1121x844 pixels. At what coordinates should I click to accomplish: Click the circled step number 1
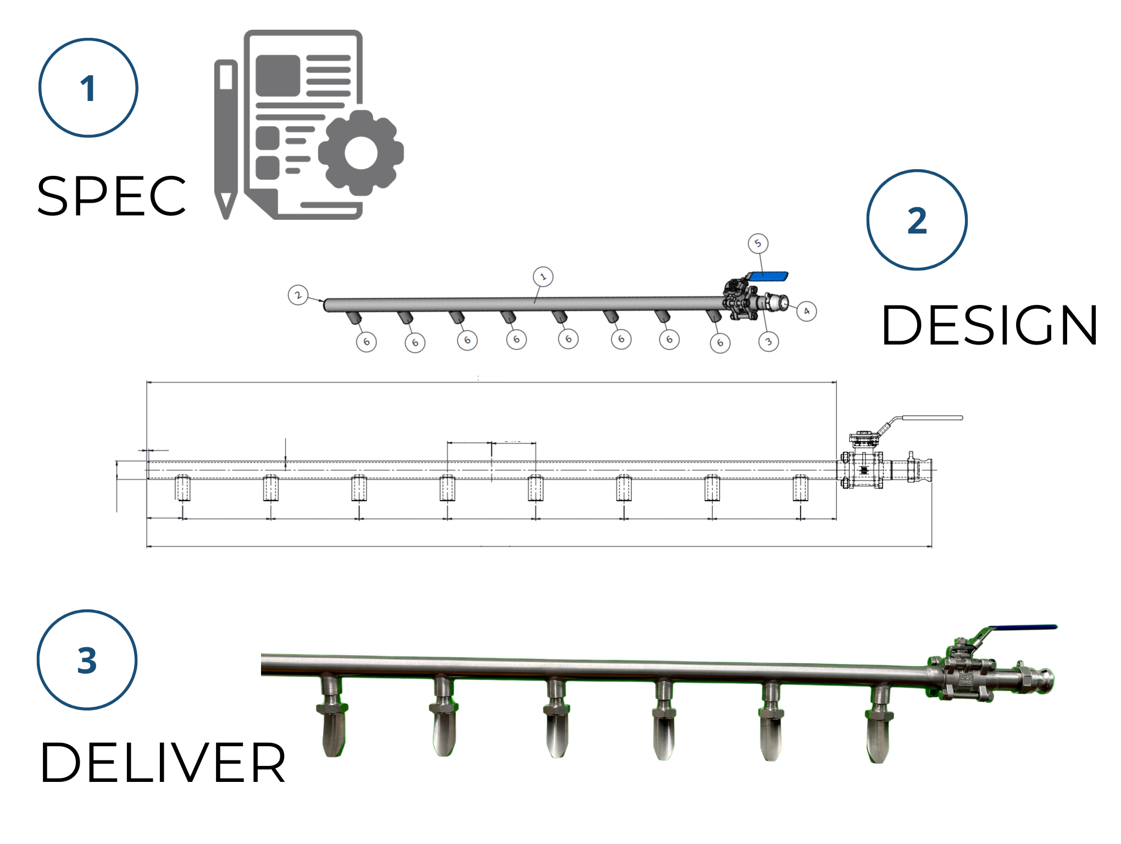tap(88, 88)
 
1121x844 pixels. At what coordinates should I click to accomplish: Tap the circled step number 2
tap(917, 220)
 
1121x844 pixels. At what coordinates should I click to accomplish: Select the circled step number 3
tap(87, 660)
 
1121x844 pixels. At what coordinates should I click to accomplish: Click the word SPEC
tap(112, 196)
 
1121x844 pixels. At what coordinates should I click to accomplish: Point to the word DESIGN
tap(989, 325)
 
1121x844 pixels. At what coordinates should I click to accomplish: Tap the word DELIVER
tap(163, 763)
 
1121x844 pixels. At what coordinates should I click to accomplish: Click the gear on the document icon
tap(361, 153)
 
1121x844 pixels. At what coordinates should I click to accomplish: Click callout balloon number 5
tap(758, 243)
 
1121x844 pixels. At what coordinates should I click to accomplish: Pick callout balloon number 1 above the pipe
tap(543, 276)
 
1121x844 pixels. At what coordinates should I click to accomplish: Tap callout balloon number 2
tap(298, 295)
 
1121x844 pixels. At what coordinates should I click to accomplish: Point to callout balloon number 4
tap(807, 311)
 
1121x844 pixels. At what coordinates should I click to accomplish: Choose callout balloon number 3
tap(768, 342)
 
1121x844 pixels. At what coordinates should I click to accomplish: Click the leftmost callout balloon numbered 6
tap(367, 342)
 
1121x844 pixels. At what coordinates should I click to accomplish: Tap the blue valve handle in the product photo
tap(1022, 628)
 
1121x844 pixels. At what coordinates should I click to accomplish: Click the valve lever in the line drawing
tap(929, 418)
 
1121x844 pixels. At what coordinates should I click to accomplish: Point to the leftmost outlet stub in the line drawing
tap(182, 488)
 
